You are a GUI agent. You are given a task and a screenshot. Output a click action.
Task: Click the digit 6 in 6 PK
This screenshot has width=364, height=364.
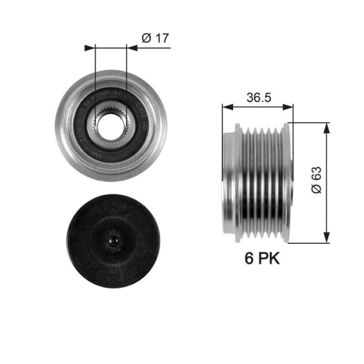(249, 258)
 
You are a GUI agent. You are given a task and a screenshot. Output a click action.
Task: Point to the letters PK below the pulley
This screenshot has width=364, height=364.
(269, 258)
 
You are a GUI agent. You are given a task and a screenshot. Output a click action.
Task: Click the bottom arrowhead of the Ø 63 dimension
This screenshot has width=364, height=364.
(325, 237)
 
